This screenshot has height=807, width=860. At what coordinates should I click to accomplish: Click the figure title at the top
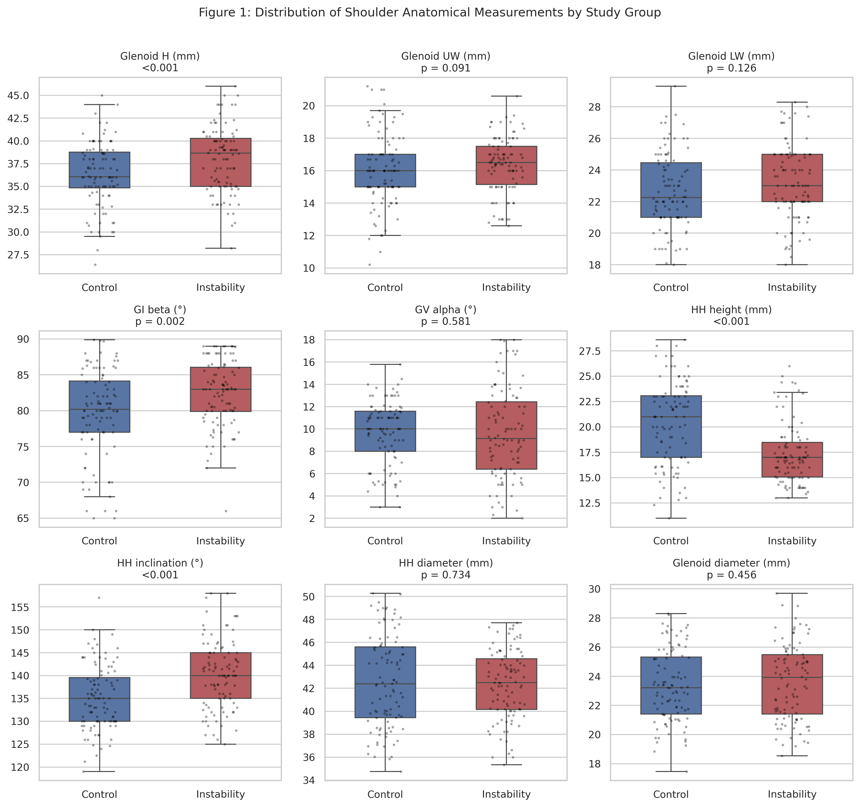click(x=430, y=13)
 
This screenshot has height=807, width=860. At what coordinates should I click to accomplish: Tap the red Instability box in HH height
click(x=792, y=460)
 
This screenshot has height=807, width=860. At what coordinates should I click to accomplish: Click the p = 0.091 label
click(x=446, y=68)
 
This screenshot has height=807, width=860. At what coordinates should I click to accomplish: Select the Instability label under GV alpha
click(x=506, y=541)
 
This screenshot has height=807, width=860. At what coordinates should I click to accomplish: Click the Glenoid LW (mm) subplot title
click(x=731, y=56)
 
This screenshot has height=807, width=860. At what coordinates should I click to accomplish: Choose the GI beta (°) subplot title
click(x=160, y=310)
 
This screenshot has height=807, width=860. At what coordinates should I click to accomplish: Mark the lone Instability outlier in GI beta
click(x=226, y=511)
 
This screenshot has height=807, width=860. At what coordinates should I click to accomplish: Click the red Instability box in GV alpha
click(x=506, y=435)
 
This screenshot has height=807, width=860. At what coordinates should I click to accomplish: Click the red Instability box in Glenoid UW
click(x=506, y=165)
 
